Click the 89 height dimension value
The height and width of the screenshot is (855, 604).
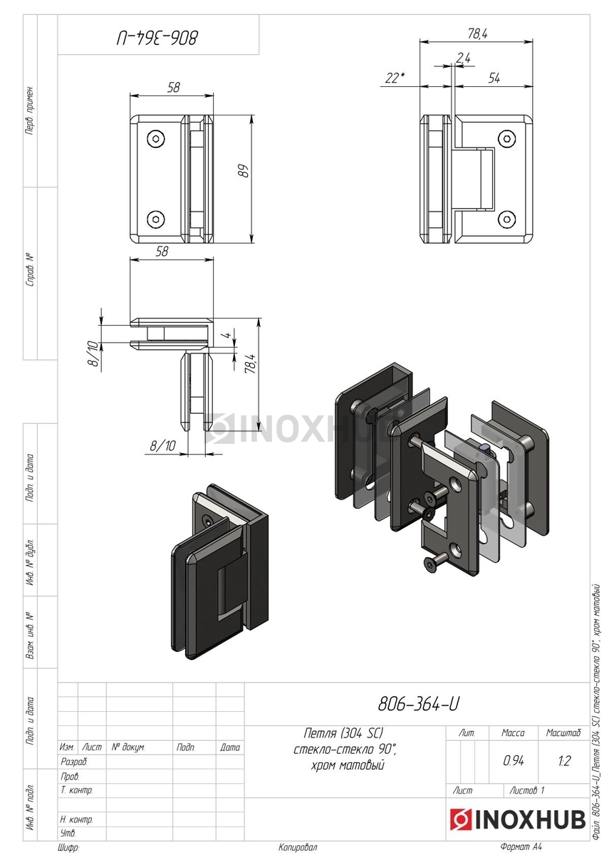(242, 172)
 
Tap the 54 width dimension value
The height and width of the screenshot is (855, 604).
(494, 78)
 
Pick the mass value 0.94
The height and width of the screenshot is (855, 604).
(513, 761)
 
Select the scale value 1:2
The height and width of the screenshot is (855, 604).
(563, 761)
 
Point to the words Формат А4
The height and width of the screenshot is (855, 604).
(521, 847)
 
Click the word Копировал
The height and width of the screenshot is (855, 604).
(298, 847)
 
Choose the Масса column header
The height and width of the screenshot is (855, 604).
(513, 732)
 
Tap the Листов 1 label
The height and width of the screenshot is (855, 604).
(528, 790)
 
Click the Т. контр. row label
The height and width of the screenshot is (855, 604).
(76, 790)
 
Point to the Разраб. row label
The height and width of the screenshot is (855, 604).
(73, 762)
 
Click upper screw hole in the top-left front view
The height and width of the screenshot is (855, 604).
(155, 138)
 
